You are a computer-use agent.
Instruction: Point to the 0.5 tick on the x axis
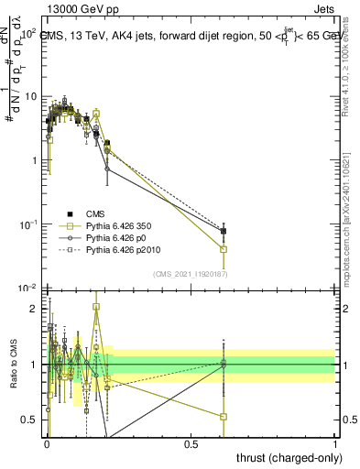pyautogui.click(x=191, y=443)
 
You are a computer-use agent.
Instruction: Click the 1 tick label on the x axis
pyautogui.click(x=334, y=443)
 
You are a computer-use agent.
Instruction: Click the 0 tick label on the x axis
pyautogui.click(x=46, y=443)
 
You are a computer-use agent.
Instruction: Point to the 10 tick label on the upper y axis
pyautogui.click(x=30, y=96)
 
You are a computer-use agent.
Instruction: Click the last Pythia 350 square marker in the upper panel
pyautogui.click(x=223, y=249)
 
